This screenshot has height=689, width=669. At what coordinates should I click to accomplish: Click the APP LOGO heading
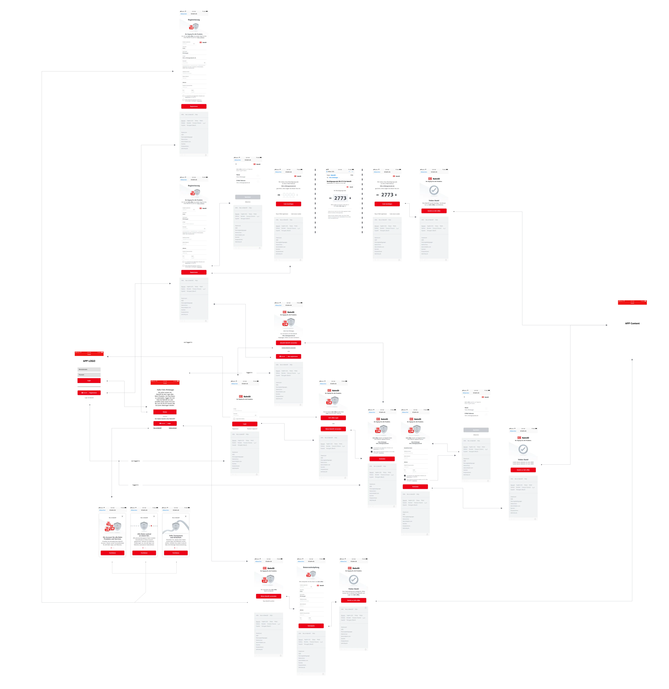tap(89, 361)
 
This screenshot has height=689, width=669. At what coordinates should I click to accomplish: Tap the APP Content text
tap(632, 323)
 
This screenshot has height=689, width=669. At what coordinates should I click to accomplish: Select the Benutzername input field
tap(89, 369)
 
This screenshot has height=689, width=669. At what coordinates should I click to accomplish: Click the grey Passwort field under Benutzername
tap(89, 375)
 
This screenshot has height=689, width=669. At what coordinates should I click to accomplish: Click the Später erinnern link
tap(173, 428)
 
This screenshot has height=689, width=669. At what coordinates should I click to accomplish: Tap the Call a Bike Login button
tap(333, 418)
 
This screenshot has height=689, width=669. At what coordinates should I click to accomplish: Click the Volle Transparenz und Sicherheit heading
tap(176, 536)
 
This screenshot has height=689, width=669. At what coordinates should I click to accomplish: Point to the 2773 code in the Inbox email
tap(340, 198)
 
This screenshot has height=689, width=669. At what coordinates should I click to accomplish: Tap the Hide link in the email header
tap(351, 175)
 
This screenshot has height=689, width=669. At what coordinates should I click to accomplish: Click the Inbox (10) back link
tap(330, 172)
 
